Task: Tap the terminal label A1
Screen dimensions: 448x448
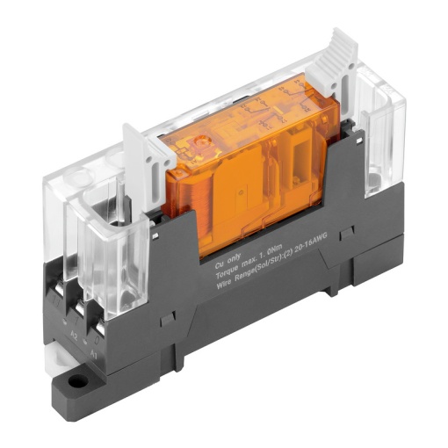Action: pyautogui.click(x=96, y=349)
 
